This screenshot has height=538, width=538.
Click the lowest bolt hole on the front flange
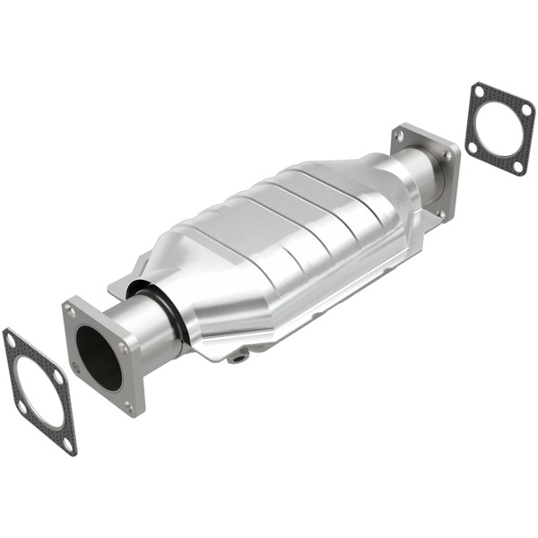tap(129, 405)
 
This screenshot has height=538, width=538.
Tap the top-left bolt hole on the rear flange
tap(400, 134)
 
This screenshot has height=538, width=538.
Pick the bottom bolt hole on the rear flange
tap(440, 214)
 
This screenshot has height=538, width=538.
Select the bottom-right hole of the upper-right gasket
tap(517, 165)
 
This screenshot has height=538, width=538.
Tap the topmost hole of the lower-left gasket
tap(11, 340)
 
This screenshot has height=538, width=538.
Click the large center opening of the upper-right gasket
tap(499, 128)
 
